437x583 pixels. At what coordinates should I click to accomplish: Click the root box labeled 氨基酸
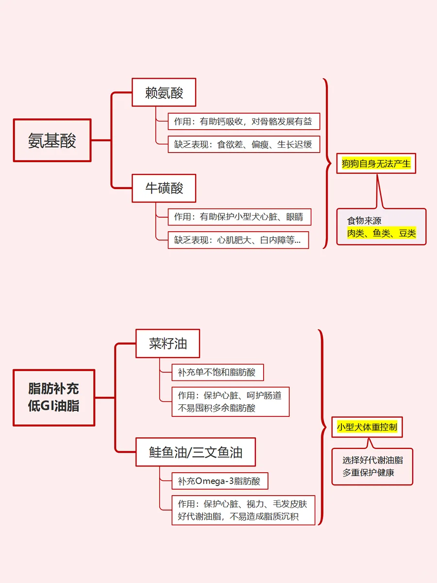[52, 140]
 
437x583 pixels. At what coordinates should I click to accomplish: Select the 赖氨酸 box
[164, 92]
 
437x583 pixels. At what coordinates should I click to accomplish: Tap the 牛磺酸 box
[164, 189]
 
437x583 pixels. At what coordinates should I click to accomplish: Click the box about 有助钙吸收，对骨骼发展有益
[244, 121]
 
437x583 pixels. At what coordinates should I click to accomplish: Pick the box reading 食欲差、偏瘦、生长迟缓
[244, 144]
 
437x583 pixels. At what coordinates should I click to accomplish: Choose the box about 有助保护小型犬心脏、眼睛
[239, 217]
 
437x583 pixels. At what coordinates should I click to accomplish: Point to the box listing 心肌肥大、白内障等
[238, 240]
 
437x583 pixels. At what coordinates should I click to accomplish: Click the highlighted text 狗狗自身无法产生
[376, 163]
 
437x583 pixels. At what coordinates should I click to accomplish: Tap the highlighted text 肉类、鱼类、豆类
[381, 233]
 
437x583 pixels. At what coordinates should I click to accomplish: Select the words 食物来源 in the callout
[364, 221]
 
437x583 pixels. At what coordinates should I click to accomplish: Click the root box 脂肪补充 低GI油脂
[54, 397]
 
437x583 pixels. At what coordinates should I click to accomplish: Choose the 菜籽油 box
[168, 343]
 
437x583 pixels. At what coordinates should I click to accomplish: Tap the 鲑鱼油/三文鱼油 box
[196, 452]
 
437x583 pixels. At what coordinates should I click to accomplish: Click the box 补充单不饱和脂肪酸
[218, 372]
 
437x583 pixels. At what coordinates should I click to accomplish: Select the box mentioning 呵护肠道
[230, 402]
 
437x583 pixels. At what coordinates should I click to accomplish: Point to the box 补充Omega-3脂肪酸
[219, 481]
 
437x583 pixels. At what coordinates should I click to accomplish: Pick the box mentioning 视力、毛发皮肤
[243, 510]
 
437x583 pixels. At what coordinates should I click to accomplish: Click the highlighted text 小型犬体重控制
[367, 427]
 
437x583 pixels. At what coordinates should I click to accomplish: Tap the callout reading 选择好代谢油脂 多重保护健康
[372, 466]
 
